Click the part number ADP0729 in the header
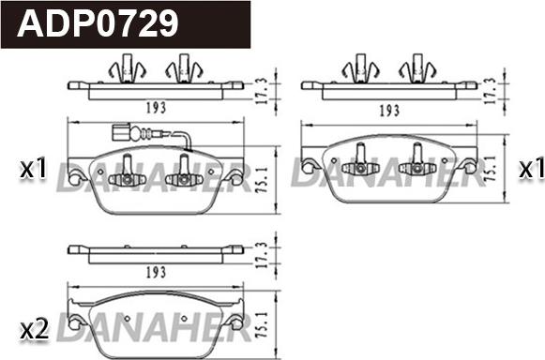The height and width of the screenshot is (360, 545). [98, 23]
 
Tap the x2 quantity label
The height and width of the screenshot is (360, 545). [35, 330]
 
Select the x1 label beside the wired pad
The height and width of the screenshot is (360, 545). [33, 168]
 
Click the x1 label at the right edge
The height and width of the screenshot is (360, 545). [532, 170]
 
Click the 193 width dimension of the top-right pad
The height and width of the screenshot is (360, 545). [389, 111]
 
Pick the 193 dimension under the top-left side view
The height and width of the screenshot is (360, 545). [156, 108]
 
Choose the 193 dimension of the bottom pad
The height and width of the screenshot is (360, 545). [156, 273]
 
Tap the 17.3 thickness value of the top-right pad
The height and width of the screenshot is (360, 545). [490, 91]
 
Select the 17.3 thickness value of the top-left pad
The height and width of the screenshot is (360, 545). [263, 91]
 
